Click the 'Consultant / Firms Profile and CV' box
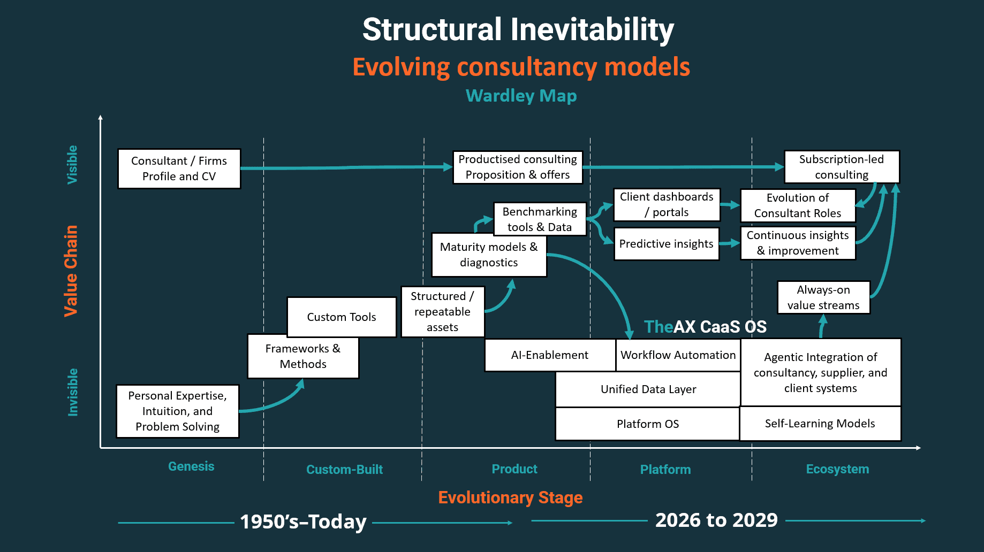click(179, 168)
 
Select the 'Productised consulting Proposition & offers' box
click(517, 167)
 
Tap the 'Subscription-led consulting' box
click(841, 167)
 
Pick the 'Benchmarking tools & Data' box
click(540, 219)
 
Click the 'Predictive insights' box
click(666, 244)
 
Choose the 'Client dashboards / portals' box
click(666, 204)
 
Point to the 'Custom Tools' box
click(341, 317)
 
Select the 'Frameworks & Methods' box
click(302, 357)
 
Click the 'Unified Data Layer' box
click(648, 389)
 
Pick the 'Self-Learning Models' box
click(820, 424)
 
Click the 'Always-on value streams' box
click(823, 297)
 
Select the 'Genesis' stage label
click(191, 466)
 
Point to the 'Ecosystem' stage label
click(837, 469)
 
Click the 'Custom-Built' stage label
click(344, 470)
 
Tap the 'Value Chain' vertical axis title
click(71, 271)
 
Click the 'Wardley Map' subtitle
click(521, 96)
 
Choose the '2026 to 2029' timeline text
click(716, 520)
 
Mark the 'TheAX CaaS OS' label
click(705, 327)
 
